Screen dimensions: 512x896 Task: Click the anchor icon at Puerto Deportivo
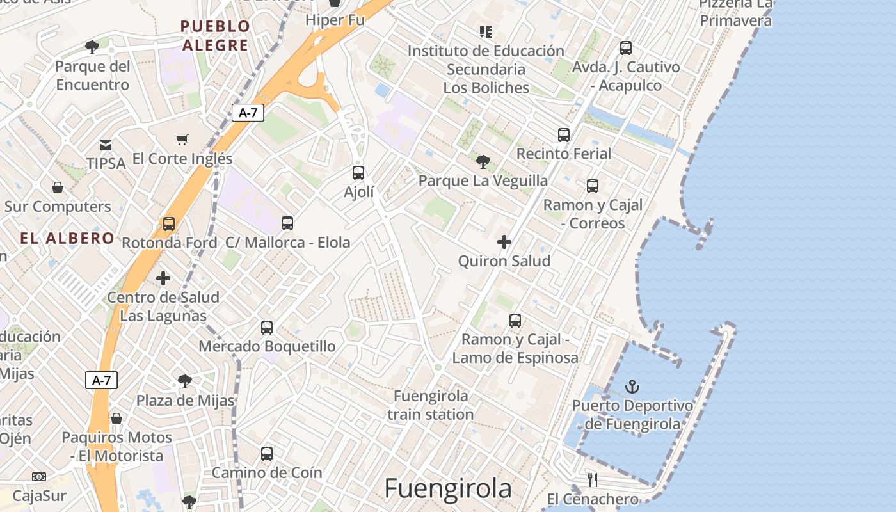coord(632,387)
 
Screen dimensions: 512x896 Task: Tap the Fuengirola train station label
coord(431,405)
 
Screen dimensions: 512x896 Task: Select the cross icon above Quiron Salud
coord(504,242)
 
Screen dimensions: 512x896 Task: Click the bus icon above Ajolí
coord(358,172)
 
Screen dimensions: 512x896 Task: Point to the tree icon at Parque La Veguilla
coord(483,161)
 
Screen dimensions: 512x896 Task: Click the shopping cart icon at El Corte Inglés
coord(182,140)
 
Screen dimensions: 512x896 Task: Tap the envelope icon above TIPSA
coord(106,145)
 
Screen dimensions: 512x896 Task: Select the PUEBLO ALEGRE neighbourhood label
coord(215,36)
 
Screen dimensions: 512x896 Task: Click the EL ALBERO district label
coord(67,239)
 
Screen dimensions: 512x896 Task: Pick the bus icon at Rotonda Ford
coord(169,224)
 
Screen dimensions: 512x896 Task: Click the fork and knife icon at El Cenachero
coord(593,479)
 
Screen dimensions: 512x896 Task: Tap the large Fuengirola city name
coord(448,488)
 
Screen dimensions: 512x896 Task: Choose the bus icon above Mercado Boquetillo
coord(267,328)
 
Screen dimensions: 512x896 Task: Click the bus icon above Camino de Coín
coord(267,454)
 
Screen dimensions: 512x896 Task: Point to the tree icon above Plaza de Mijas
coord(185,382)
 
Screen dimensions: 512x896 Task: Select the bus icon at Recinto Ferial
coord(564,135)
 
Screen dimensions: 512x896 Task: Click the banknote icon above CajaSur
coord(39,477)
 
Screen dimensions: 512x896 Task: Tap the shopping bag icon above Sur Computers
coord(58,188)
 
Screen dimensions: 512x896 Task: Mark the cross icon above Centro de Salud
coord(163,278)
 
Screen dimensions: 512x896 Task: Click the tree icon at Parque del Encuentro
coord(92,47)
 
